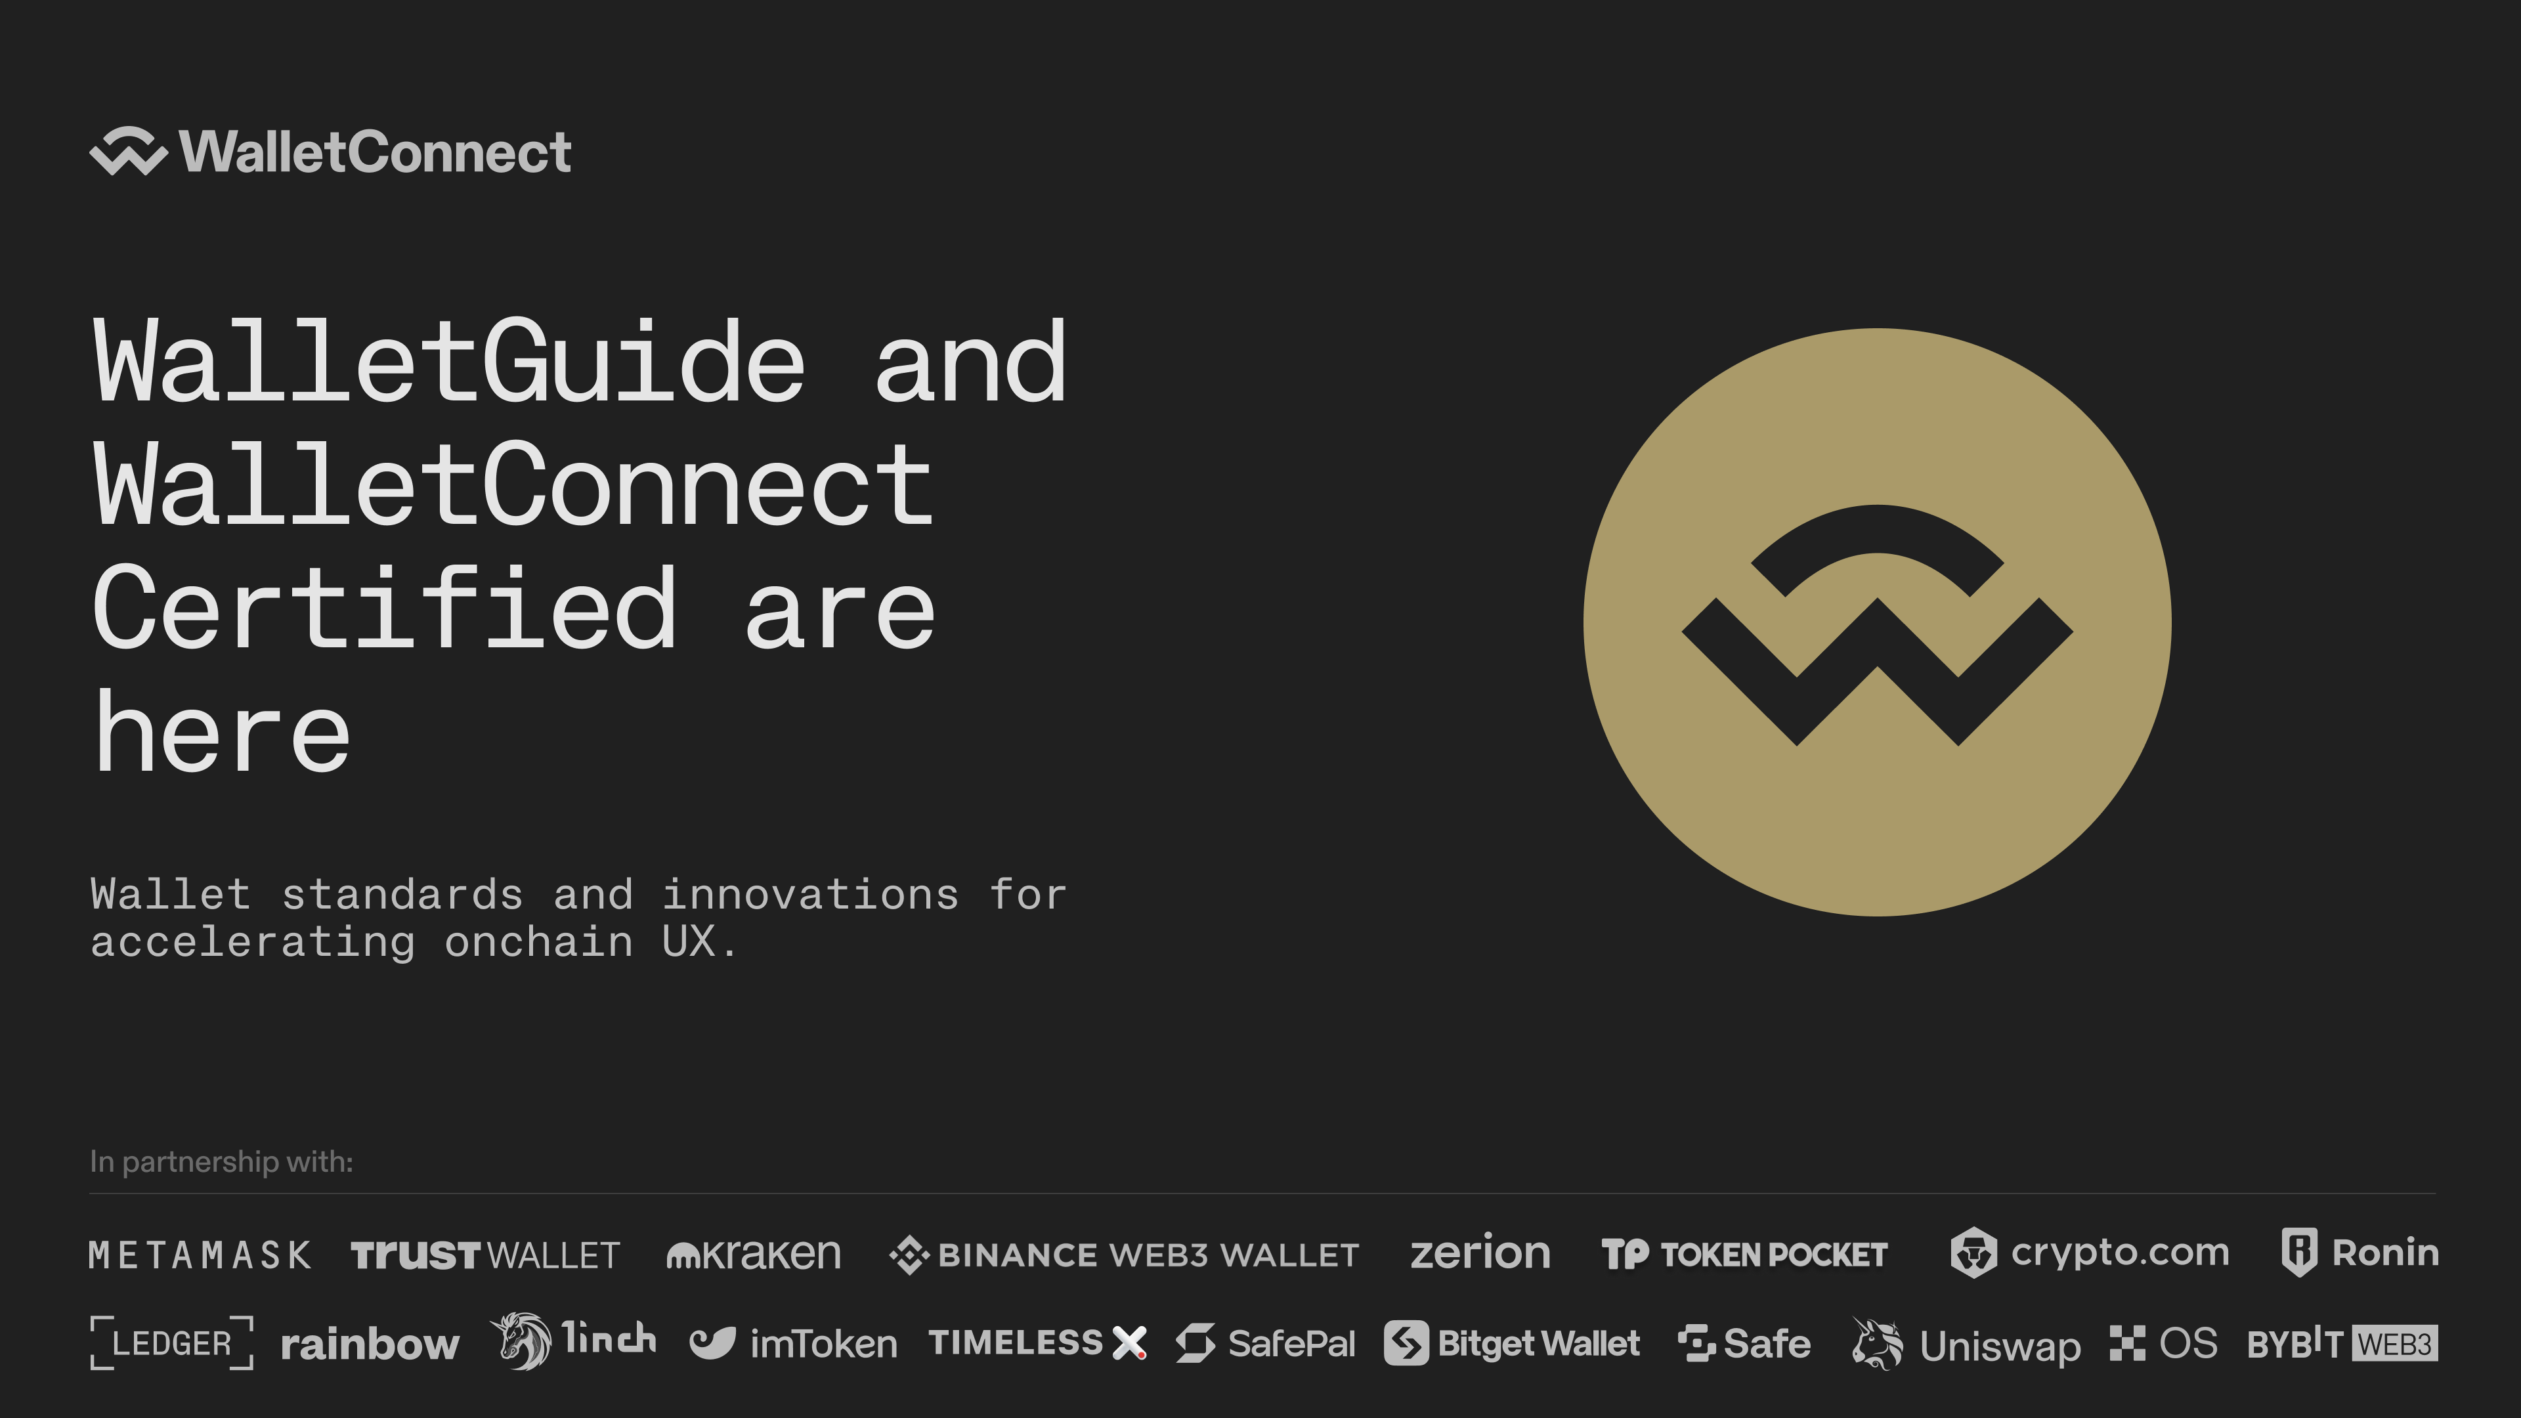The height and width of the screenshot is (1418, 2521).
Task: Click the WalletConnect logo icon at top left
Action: click(x=128, y=152)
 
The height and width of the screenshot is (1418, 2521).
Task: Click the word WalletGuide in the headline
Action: click(x=449, y=362)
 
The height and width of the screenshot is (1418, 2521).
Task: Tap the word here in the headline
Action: click(x=221, y=729)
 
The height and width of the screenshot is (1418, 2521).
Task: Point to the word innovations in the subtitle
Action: click(x=810, y=894)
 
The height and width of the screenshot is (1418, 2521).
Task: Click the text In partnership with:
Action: click(x=221, y=1161)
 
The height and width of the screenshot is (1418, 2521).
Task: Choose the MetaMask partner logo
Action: click(x=200, y=1255)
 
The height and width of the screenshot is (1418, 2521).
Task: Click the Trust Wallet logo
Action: click(x=485, y=1255)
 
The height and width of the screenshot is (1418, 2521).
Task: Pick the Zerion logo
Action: click(x=1480, y=1253)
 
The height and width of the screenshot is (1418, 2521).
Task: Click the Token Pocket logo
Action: click(x=1744, y=1255)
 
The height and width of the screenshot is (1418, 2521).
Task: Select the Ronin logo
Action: click(x=2359, y=1253)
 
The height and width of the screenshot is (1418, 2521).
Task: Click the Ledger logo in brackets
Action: click(x=172, y=1343)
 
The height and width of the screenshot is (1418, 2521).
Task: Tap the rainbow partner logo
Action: click(x=370, y=1344)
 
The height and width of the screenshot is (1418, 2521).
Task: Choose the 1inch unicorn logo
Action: click(x=572, y=1341)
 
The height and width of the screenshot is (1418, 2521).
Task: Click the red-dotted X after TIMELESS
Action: click(x=1129, y=1343)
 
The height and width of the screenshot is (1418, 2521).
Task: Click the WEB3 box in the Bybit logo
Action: click(x=2395, y=1344)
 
